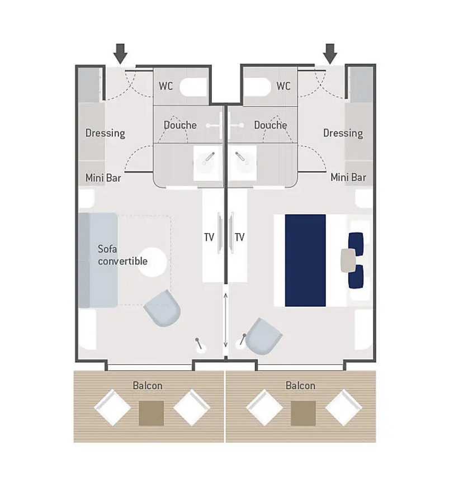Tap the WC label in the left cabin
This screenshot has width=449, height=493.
(166, 87)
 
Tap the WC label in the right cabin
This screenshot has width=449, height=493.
(283, 87)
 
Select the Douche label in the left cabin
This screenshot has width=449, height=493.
(180, 125)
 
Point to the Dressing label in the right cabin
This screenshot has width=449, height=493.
(343, 133)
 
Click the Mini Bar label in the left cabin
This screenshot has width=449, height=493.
(103, 178)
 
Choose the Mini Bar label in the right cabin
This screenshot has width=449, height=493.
(348, 178)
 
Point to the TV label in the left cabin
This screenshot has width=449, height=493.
(209, 238)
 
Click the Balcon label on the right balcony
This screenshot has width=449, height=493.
(300, 386)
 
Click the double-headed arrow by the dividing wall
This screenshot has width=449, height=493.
(225, 320)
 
